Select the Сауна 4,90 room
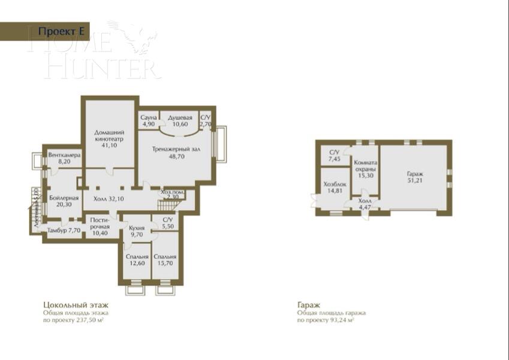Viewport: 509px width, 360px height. pyautogui.click(x=148, y=121)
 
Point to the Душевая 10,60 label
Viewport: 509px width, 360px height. pyautogui.click(x=180, y=121)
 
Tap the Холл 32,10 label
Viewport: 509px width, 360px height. pyautogui.click(x=109, y=199)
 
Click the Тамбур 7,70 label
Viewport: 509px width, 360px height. pyautogui.click(x=64, y=230)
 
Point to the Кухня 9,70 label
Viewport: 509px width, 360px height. pyautogui.click(x=136, y=231)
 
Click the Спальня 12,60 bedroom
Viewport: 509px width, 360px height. pyautogui.click(x=137, y=259)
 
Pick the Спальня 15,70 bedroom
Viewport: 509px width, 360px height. pyautogui.click(x=165, y=259)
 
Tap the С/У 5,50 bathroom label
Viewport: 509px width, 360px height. pyautogui.click(x=168, y=224)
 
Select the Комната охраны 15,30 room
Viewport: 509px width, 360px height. pyautogui.click(x=365, y=169)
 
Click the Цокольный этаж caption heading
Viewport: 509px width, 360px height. pyautogui.click(x=67, y=304)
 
